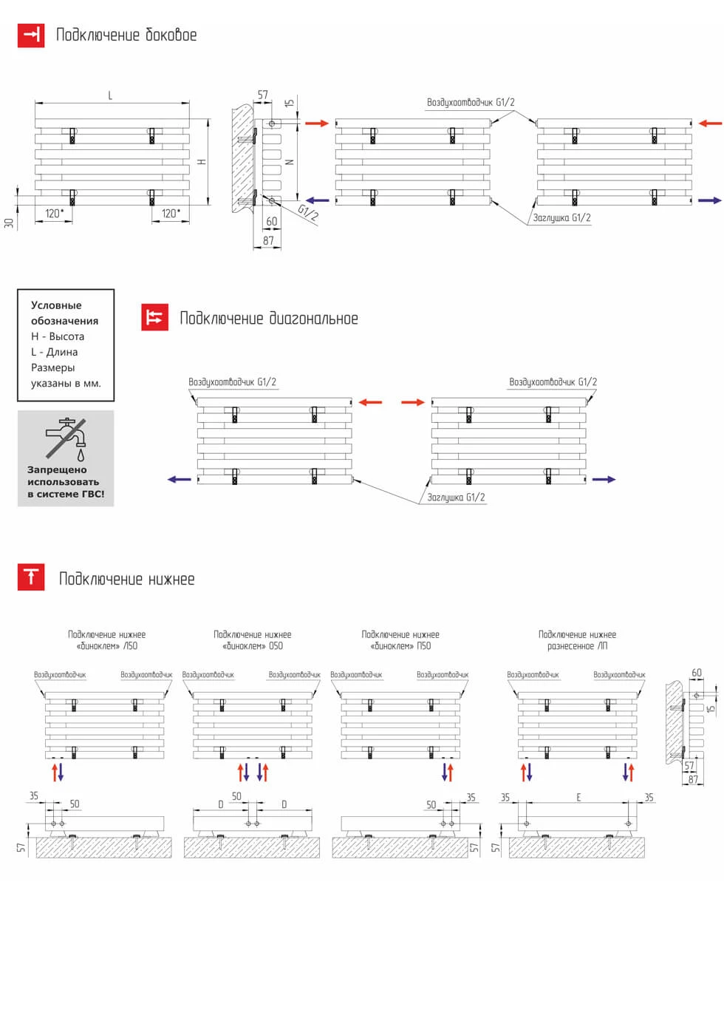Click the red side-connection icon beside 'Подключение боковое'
(x=31, y=35)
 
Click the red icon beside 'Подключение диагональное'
(x=154, y=317)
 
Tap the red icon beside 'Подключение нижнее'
(x=31, y=577)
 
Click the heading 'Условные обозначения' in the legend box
(x=64, y=313)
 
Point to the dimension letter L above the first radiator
(x=110, y=95)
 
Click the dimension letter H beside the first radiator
(x=202, y=162)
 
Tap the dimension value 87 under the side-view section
(x=268, y=240)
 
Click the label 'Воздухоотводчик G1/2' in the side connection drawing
(x=471, y=103)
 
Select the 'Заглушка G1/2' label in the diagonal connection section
(x=456, y=498)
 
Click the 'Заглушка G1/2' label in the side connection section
(x=561, y=218)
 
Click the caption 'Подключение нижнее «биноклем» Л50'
(x=106, y=640)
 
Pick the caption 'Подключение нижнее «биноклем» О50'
(x=252, y=640)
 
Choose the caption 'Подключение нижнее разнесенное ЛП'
(x=577, y=640)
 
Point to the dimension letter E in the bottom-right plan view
(x=578, y=798)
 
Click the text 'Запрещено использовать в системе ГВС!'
(x=66, y=482)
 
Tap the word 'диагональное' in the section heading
(x=313, y=319)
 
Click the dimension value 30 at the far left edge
(x=9, y=223)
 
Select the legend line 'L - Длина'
(x=54, y=352)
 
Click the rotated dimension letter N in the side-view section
(x=290, y=161)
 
